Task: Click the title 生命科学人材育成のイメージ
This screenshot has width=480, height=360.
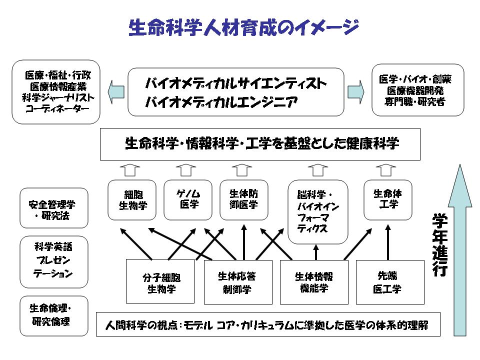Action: coord(243,28)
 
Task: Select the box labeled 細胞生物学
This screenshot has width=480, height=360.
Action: coord(132,200)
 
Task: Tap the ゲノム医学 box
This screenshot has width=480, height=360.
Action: coord(188,199)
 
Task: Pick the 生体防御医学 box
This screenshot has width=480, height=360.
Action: coord(244,199)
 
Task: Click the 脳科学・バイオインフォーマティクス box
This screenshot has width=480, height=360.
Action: coord(318,211)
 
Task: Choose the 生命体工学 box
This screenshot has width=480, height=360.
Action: coord(388,199)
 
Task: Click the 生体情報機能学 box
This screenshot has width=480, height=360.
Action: coord(313,281)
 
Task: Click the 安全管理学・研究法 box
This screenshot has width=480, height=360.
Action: coord(54,208)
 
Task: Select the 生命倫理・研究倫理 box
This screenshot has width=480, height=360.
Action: coord(54,315)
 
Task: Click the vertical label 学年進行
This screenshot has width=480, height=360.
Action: coord(439,245)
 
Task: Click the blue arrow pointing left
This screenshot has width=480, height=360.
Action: coord(116,91)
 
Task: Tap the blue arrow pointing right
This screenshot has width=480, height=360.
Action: coord(356,91)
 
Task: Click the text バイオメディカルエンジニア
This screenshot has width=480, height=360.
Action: coord(221,102)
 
